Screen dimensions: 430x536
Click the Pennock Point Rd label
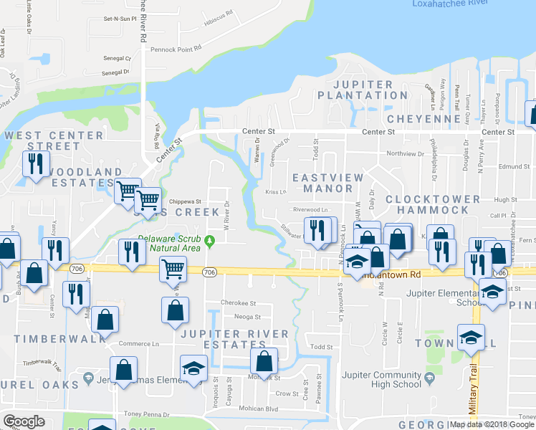tap(176, 49)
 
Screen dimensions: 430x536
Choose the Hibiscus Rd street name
tap(219, 14)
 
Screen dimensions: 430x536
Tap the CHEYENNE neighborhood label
tap(423, 118)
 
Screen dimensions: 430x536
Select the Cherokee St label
tap(239, 303)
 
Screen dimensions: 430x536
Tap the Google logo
tap(23, 421)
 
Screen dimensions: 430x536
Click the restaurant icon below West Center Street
tap(33, 164)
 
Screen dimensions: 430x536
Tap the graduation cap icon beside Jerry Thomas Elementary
tap(193, 368)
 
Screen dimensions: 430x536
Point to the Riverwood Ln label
tap(311, 210)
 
